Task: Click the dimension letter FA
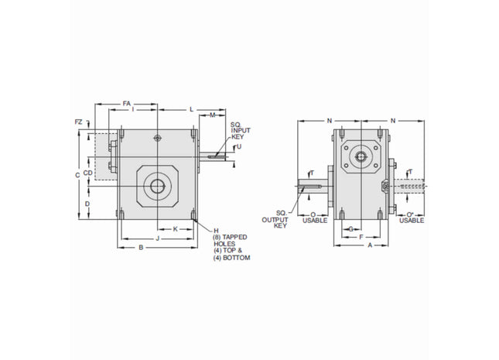coord(128,102)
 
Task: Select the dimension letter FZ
coord(78,122)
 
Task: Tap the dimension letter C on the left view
coord(77,176)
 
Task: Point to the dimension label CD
coord(88,173)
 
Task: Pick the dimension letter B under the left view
coord(140,248)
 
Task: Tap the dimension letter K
coord(175,229)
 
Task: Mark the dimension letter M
coord(212,115)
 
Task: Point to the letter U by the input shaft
coord(239,146)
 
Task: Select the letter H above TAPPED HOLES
coord(216,231)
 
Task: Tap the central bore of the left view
coord(158,186)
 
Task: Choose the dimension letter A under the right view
coord(371,245)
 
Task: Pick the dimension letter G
coord(351,229)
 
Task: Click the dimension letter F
coord(361,237)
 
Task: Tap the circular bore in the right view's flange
coord(361,156)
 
